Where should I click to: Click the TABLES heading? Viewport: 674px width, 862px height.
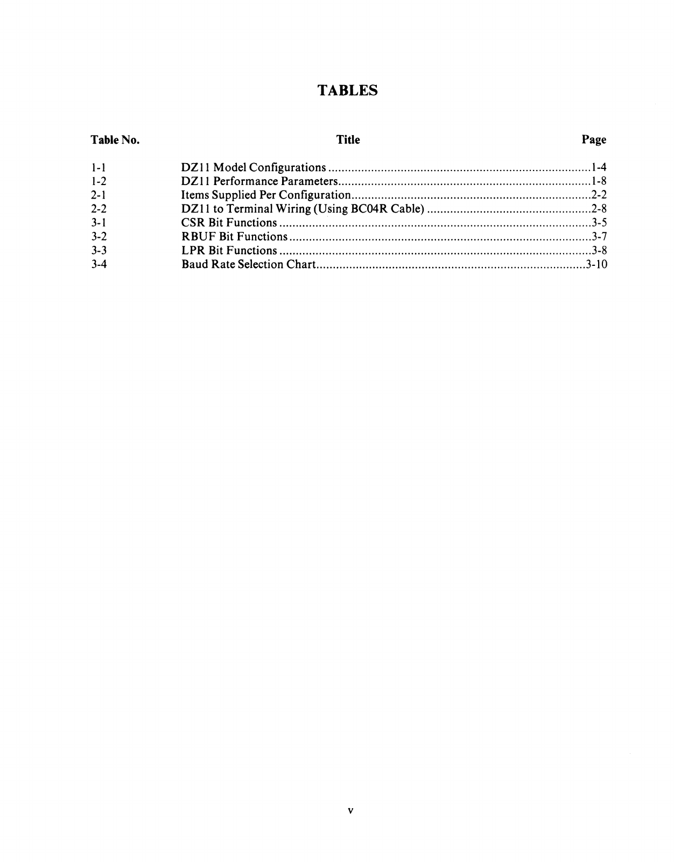coord(348,90)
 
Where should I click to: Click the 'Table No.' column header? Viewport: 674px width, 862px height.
coord(115,140)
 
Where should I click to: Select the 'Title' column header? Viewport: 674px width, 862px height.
coord(348,140)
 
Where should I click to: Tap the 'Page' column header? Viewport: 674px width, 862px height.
coord(594,140)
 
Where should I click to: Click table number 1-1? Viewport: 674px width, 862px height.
coord(99,167)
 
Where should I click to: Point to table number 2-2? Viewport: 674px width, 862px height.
coord(99,209)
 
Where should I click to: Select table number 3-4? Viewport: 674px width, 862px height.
coord(99,264)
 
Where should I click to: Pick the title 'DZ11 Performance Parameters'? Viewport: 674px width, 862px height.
coord(259,181)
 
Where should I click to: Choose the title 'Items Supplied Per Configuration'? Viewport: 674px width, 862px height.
coord(266,195)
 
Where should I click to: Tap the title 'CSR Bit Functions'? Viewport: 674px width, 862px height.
coord(229,223)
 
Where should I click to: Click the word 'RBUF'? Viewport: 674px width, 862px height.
coord(199,237)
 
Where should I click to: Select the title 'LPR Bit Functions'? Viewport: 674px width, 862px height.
coord(229,251)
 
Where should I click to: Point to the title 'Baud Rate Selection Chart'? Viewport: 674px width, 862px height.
coord(248,264)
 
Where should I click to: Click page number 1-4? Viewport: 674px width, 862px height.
coord(599,167)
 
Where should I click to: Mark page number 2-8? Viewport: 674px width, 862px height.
coord(599,209)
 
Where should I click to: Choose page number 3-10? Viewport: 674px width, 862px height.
coord(596,264)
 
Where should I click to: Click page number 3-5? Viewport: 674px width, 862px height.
coord(599,223)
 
